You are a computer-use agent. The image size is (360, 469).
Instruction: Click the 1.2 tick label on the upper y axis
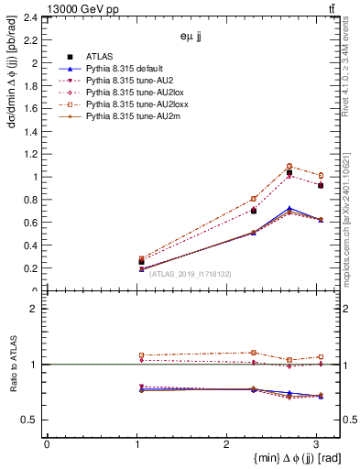click(x=33, y=154)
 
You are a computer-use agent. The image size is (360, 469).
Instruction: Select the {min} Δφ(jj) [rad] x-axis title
click(x=284, y=458)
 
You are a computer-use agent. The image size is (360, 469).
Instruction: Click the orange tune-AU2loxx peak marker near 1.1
click(x=289, y=166)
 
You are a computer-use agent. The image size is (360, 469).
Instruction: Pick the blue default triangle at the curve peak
click(x=289, y=208)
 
